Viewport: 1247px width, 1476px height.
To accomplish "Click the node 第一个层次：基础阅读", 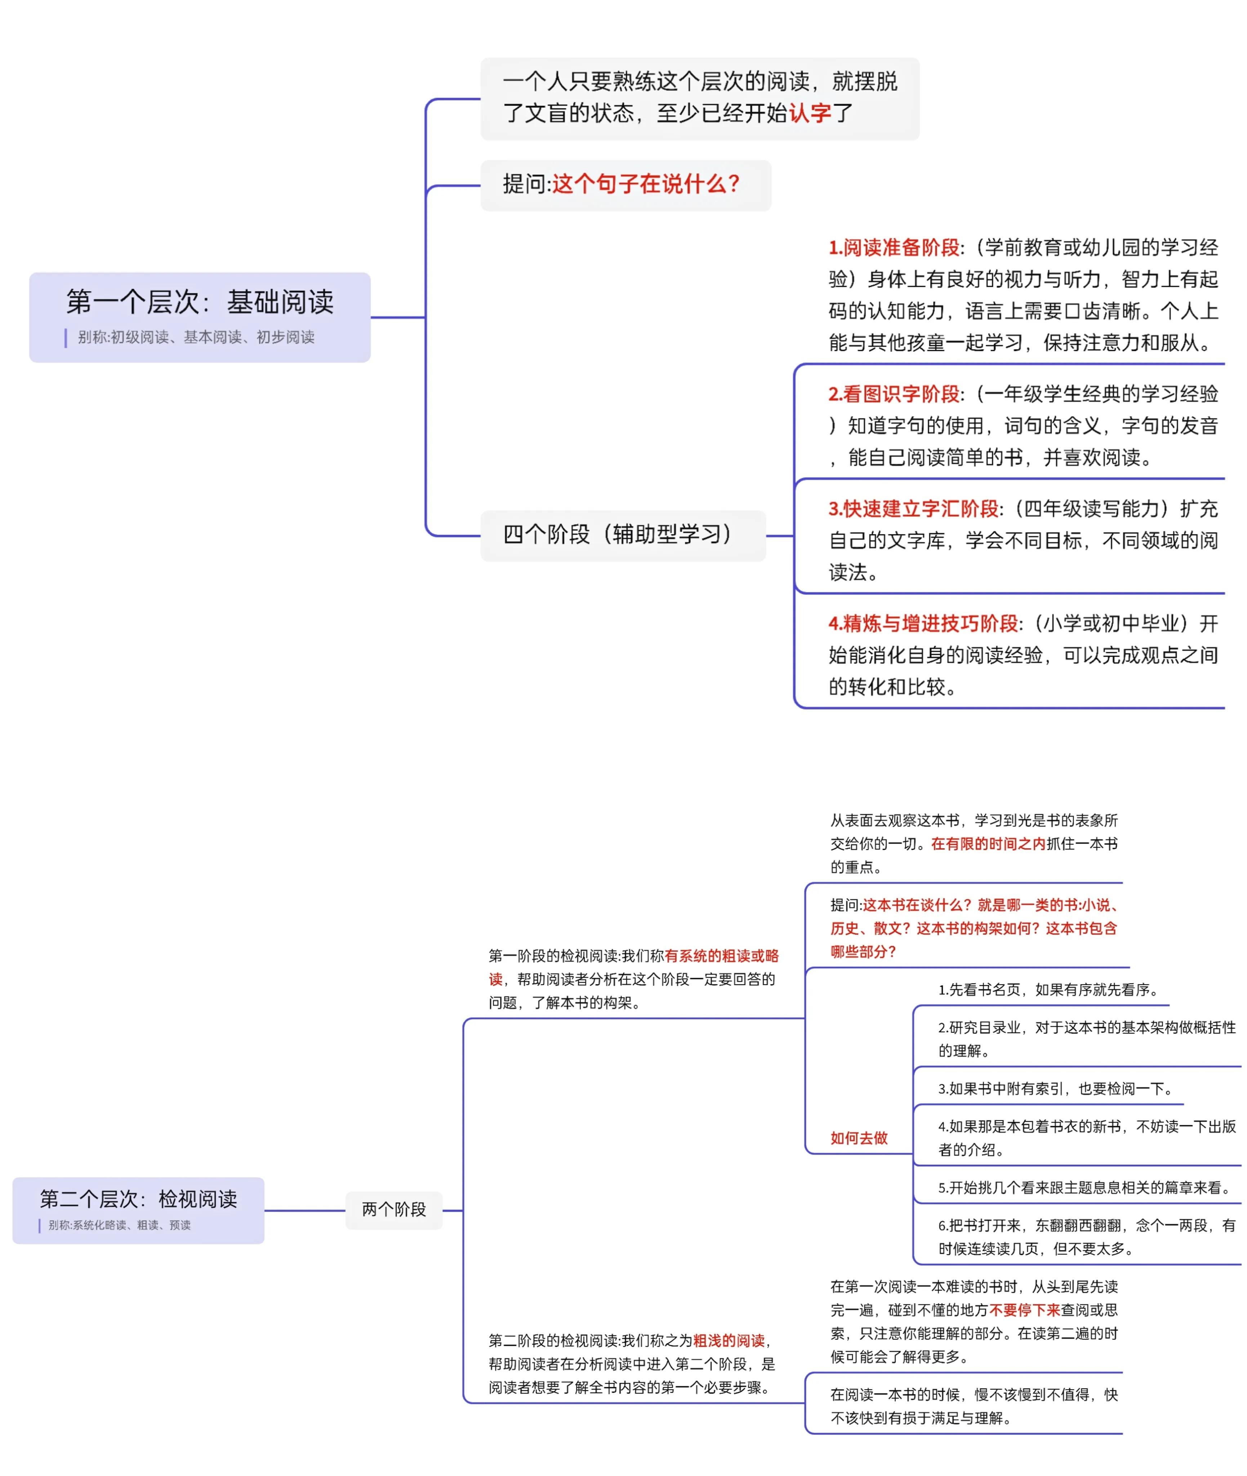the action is (199, 317).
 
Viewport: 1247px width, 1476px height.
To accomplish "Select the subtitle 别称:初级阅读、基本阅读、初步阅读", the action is (196, 337).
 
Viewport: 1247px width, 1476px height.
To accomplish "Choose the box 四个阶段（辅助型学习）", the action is (623, 535).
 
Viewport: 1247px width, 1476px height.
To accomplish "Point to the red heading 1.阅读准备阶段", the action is (894, 248).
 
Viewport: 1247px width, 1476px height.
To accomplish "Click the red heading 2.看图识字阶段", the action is (894, 394).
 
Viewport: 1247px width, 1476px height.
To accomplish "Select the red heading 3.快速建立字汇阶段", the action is (913, 509).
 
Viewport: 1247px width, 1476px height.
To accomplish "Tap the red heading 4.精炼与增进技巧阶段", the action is (923, 623).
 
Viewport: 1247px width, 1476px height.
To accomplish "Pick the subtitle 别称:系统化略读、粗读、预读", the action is (120, 1225).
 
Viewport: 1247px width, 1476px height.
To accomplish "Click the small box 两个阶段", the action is (394, 1209).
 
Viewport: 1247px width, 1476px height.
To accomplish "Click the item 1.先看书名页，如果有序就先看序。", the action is (1049, 990).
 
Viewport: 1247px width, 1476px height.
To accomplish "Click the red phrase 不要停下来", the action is (1024, 1310).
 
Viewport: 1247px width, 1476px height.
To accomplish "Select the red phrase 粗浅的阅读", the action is (729, 1340).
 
